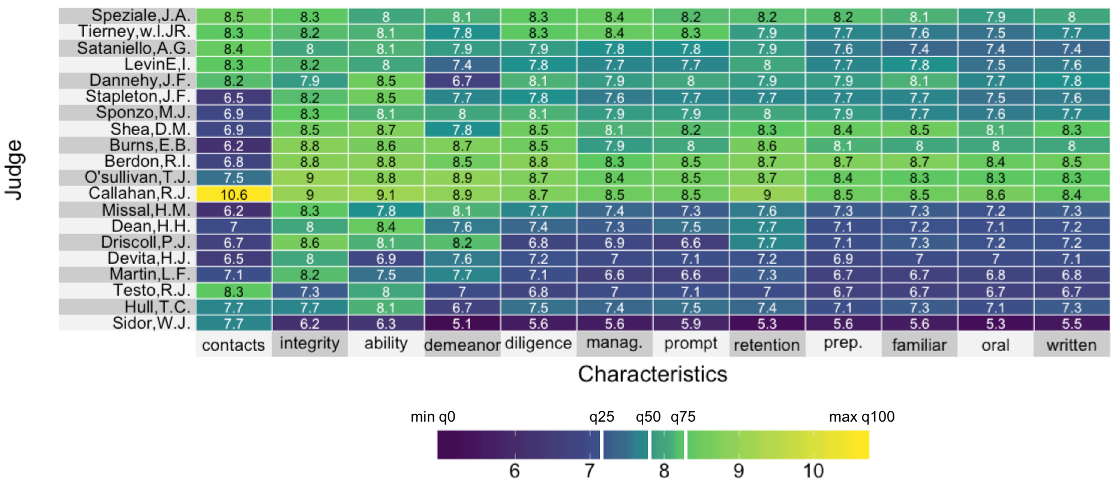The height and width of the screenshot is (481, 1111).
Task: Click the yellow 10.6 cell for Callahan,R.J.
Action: point(233,194)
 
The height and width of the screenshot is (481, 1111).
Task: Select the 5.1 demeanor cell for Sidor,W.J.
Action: point(462,324)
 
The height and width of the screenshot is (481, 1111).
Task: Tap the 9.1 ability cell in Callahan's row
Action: point(386,194)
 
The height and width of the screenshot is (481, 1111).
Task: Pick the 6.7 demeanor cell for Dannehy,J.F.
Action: point(462,81)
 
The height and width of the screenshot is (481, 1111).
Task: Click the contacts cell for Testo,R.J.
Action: point(233,291)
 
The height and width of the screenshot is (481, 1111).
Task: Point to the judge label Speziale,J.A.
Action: point(140,16)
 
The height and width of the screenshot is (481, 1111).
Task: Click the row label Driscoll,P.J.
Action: point(145,242)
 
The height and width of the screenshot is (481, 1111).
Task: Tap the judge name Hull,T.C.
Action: point(157,307)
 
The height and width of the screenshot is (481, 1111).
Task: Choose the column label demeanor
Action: point(462,345)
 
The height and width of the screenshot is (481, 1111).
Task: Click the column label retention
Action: point(767,345)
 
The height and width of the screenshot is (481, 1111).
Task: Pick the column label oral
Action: point(995,345)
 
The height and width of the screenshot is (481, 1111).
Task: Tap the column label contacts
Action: point(233,345)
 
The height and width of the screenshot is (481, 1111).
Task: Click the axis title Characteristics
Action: point(653,374)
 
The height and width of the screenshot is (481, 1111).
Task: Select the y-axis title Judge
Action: point(14,170)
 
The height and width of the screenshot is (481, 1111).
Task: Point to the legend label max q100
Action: point(861,417)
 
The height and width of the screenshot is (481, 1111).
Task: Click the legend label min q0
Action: point(433,417)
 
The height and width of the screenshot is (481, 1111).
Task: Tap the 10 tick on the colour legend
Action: point(813,471)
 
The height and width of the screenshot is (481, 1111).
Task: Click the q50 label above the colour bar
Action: point(648,417)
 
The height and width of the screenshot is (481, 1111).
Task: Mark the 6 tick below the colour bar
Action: point(514,471)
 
